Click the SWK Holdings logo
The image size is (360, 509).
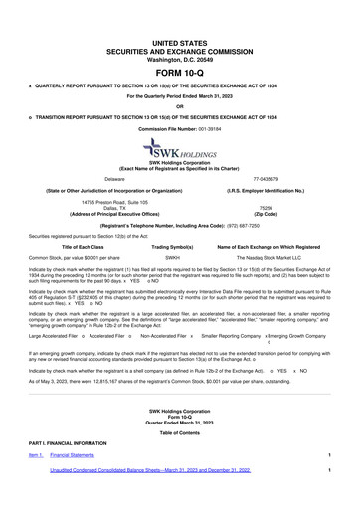pos(179,149)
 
